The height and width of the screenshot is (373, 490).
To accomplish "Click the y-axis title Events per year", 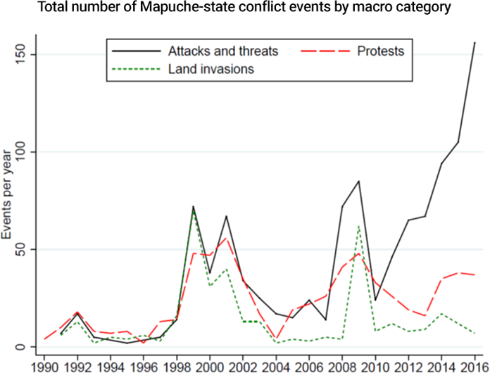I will click(x=8, y=200).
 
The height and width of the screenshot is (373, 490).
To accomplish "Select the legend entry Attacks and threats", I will click(x=223, y=51).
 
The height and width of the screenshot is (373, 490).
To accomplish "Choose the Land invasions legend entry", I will click(x=211, y=69).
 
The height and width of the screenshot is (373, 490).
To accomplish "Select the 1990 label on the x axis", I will click(x=44, y=366).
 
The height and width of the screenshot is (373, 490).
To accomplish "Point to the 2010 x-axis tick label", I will click(x=375, y=366).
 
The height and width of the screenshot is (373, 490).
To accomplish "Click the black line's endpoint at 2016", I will click(x=475, y=43).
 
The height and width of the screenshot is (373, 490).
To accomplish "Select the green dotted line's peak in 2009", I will click(x=358, y=226).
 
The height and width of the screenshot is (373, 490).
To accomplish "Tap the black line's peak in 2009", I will click(x=358, y=181).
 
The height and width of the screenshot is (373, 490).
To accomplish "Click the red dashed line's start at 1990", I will click(x=44, y=339).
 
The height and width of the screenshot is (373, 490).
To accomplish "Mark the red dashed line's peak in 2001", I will click(x=226, y=238).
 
